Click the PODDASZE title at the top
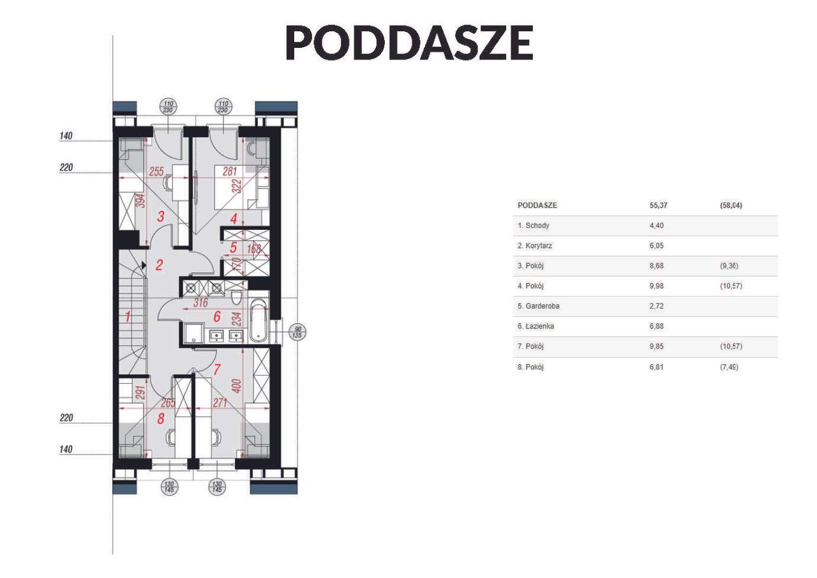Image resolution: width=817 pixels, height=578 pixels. (408, 43)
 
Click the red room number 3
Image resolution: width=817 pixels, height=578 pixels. (161, 217)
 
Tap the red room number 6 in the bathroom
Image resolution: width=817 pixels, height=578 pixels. (217, 316)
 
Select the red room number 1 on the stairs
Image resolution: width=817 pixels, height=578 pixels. (128, 316)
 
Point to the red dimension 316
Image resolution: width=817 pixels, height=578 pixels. (201, 303)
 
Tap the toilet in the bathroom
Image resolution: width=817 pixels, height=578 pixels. (236, 297)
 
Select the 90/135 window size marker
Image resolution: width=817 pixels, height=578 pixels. (297, 332)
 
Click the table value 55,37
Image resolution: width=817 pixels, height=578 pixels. (658, 206)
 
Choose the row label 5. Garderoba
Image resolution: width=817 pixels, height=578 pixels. (539, 307)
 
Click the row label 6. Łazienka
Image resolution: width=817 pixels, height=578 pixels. (536, 326)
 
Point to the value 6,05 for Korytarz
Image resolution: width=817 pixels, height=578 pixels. (657, 246)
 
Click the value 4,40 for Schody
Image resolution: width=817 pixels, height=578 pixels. (657, 225)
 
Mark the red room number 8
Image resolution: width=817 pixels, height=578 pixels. (161, 419)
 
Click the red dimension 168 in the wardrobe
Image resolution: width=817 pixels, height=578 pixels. (254, 249)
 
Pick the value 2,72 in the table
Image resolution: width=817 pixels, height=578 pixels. (657, 307)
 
